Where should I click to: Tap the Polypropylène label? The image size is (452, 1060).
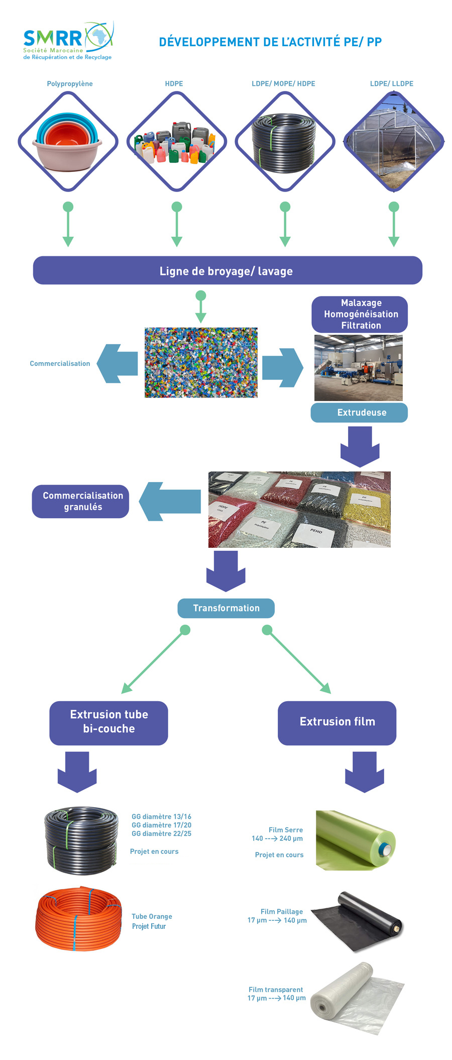click(x=70, y=84)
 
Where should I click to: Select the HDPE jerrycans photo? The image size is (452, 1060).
click(x=176, y=142)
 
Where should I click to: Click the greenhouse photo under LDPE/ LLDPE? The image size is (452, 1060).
click(x=394, y=142)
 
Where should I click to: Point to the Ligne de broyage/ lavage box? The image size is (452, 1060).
click(x=227, y=271)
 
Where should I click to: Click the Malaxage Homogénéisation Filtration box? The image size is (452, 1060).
click(x=360, y=314)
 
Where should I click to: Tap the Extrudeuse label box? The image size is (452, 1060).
click(x=360, y=413)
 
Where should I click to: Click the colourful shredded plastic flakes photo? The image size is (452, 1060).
click(x=201, y=363)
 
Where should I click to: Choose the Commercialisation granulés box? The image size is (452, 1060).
click(x=80, y=501)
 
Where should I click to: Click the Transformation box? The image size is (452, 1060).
click(x=226, y=608)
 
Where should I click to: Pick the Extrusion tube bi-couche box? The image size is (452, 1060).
click(x=108, y=722)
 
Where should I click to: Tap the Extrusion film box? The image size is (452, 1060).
click(x=337, y=722)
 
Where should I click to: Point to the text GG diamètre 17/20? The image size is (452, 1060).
click(x=161, y=825)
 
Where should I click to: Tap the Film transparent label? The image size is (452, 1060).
click(x=276, y=989)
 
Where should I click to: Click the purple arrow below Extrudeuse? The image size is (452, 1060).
click(x=360, y=446)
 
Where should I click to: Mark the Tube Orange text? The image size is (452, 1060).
click(x=152, y=916)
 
